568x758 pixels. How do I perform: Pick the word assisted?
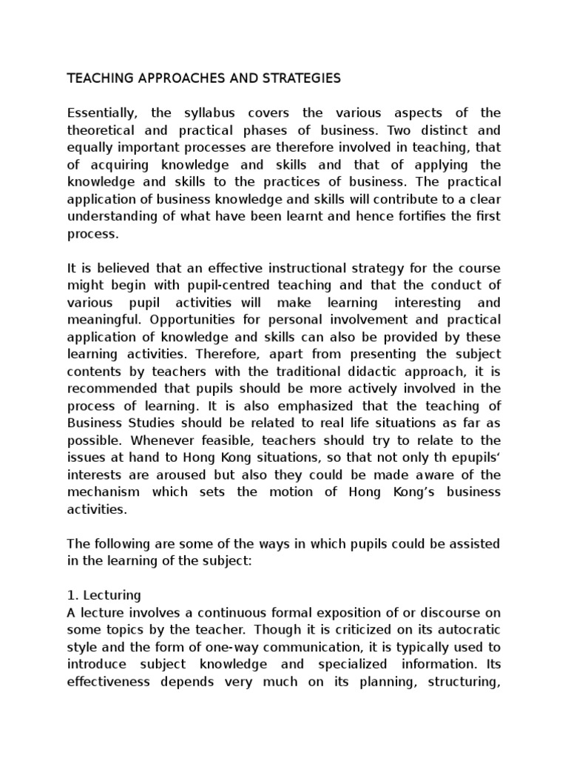[475, 544]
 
